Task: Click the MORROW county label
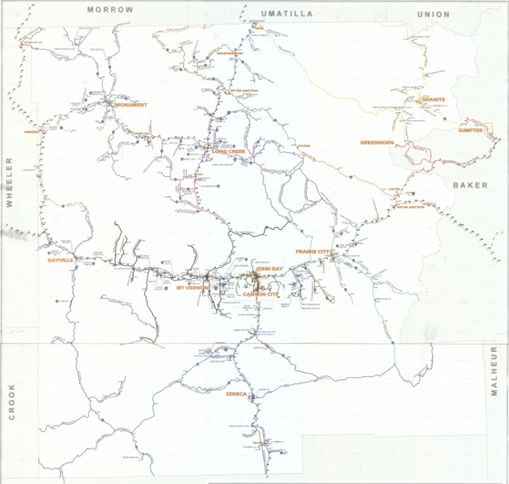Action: [x=110, y=10]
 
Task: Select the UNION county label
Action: [x=433, y=14]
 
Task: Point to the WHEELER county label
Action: [x=10, y=183]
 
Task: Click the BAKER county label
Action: [x=470, y=186]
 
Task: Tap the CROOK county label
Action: [x=11, y=402]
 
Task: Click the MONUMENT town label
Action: [x=131, y=105]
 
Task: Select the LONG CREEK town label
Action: [x=229, y=152]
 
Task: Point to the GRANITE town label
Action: [x=432, y=100]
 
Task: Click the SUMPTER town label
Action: [x=470, y=131]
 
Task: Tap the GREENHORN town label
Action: [x=377, y=143]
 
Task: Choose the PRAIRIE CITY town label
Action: [x=313, y=252]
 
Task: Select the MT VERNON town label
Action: [x=193, y=288]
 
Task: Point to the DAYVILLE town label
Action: [x=61, y=261]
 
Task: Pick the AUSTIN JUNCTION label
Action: [x=410, y=207]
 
